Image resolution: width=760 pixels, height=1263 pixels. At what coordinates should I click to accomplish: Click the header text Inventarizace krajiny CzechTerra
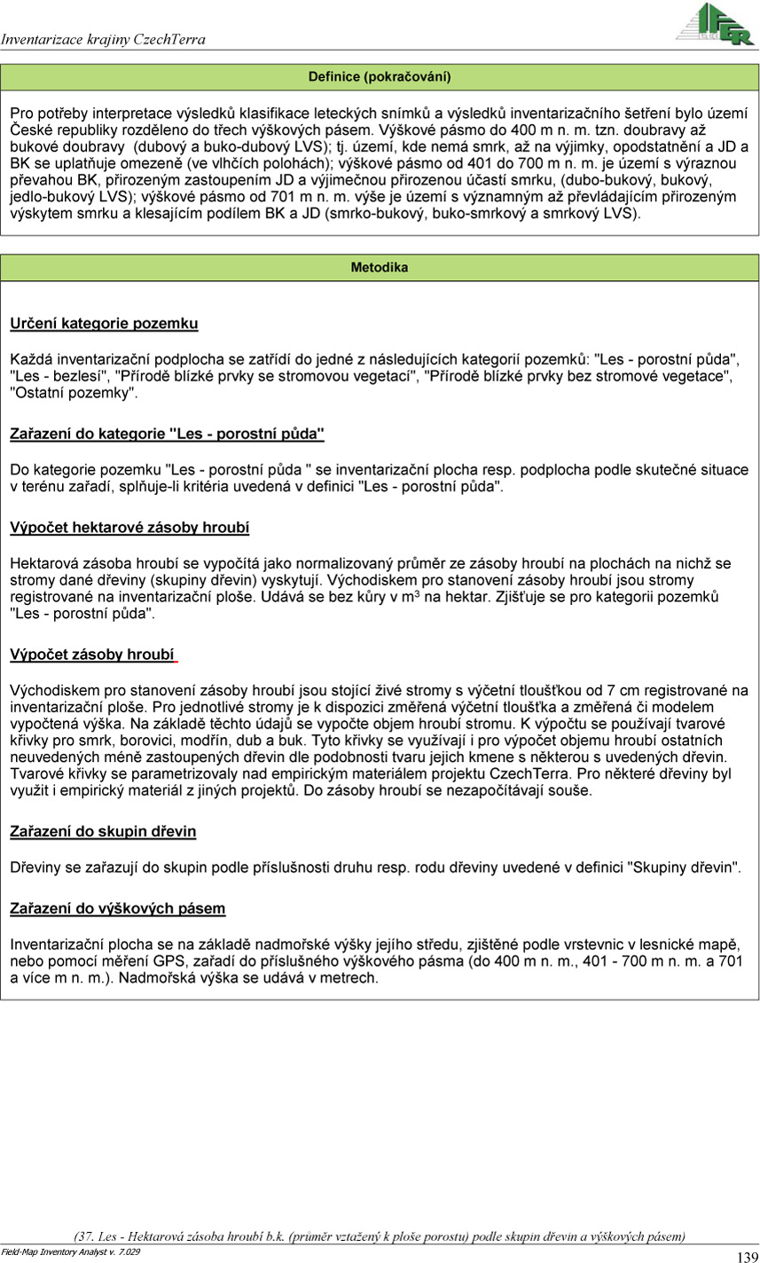(103, 40)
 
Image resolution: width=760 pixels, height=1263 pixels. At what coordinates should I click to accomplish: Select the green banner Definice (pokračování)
(380, 77)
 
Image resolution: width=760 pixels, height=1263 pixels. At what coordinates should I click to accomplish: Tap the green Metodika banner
(380, 267)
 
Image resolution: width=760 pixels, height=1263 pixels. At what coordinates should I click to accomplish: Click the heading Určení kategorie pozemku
(104, 324)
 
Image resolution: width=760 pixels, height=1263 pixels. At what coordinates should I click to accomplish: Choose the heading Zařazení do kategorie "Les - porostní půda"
(167, 434)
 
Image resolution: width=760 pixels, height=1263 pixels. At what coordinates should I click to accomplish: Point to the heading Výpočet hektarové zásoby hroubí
(129, 528)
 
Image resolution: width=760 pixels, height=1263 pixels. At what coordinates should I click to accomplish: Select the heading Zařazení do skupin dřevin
(103, 831)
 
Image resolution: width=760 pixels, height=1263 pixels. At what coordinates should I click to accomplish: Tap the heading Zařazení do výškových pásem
(117, 908)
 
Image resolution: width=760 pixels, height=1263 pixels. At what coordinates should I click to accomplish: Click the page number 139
(747, 1256)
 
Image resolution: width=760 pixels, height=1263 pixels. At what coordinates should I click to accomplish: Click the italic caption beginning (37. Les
(380, 1236)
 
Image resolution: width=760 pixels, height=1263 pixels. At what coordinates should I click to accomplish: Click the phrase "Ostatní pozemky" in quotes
(74, 393)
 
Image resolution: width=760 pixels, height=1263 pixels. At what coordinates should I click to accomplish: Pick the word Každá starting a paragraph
(29, 361)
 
